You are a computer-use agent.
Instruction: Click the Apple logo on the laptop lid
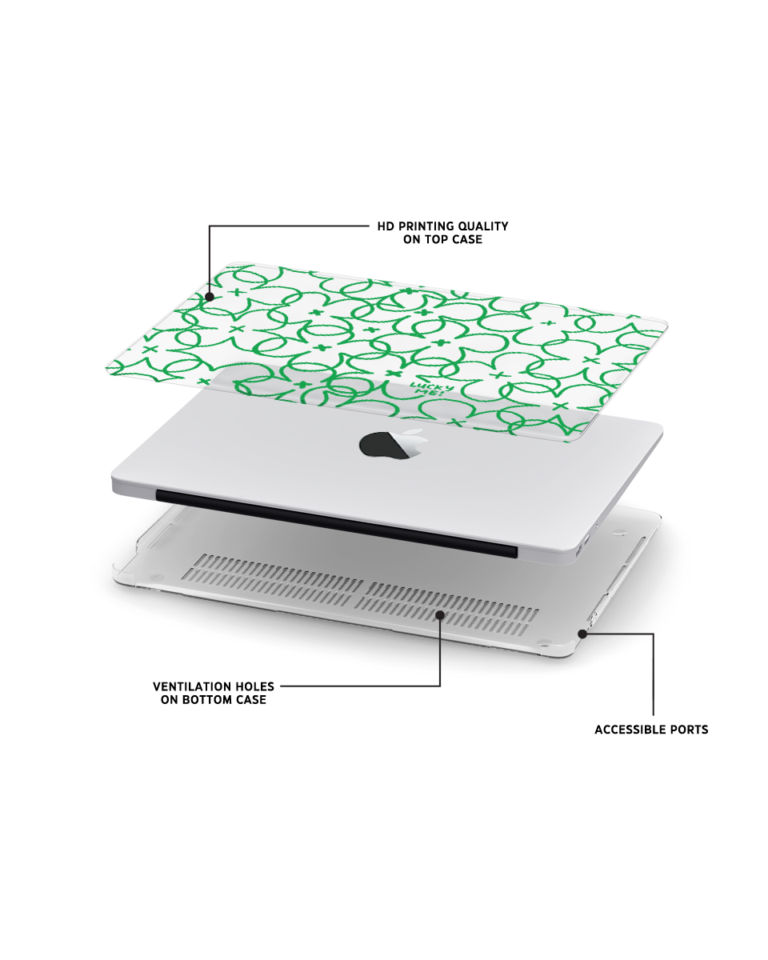click(392, 443)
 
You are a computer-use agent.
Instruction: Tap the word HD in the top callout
click(386, 226)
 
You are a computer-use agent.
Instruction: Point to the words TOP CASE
click(454, 239)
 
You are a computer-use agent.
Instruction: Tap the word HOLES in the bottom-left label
click(255, 686)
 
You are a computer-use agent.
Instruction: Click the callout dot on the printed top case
click(210, 297)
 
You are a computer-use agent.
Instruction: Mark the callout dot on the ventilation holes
click(440, 615)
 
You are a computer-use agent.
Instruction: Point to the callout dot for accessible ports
click(582, 634)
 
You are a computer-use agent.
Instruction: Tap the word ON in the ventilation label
click(169, 699)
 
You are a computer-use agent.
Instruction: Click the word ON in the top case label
click(411, 239)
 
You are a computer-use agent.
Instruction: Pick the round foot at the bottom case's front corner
click(542, 642)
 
